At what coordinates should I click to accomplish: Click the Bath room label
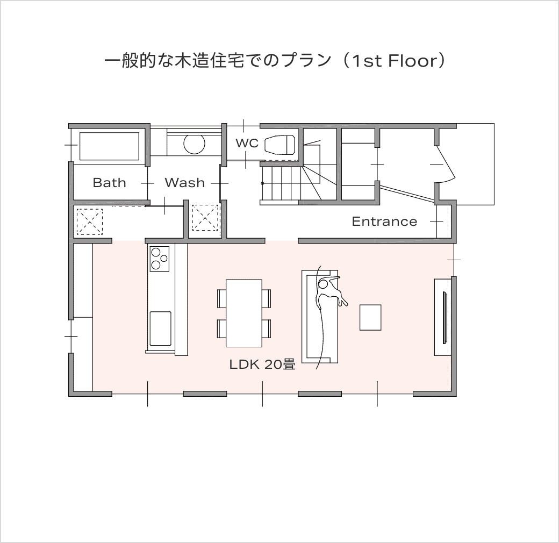(x=110, y=183)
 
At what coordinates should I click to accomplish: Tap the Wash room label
(x=185, y=183)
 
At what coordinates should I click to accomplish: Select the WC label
(x=247, y=143)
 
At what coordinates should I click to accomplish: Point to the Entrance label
(x=384, y=222)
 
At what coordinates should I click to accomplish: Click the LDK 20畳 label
(x=262, y=365)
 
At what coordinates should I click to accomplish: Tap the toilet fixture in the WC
(x=280, y=144)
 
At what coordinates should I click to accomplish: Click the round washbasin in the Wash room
(x=194, y=144)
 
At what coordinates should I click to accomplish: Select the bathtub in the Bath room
(x=109, y=146)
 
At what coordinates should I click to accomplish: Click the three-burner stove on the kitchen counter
(x=159, y=259)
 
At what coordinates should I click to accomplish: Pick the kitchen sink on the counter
(x=160, y=328)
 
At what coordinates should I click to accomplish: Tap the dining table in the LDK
(x=244, y=313)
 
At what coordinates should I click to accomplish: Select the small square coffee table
(x=370, y=317)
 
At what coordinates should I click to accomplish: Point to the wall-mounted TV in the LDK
(x=445, y=318)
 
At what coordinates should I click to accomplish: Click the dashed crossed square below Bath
(x=90, y=222)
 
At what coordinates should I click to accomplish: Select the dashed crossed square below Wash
(x=205, y=218)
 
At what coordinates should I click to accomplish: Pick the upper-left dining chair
(x=222, y=298)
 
